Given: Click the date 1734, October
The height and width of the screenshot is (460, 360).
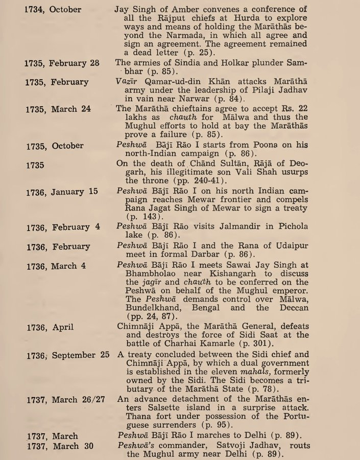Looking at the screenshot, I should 53,10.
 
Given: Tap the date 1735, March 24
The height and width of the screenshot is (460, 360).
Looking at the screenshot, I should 57,109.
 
